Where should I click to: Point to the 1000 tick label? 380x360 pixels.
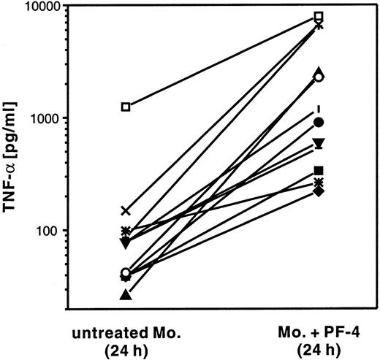[x=45, y=118]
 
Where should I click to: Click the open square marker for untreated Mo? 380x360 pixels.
[x=126, y=107]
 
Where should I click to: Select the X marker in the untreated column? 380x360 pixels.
[x=126, y=211]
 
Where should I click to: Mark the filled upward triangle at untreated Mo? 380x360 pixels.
[x=126, y=295]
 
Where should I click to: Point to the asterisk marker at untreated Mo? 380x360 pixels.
[x=126, y=231]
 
